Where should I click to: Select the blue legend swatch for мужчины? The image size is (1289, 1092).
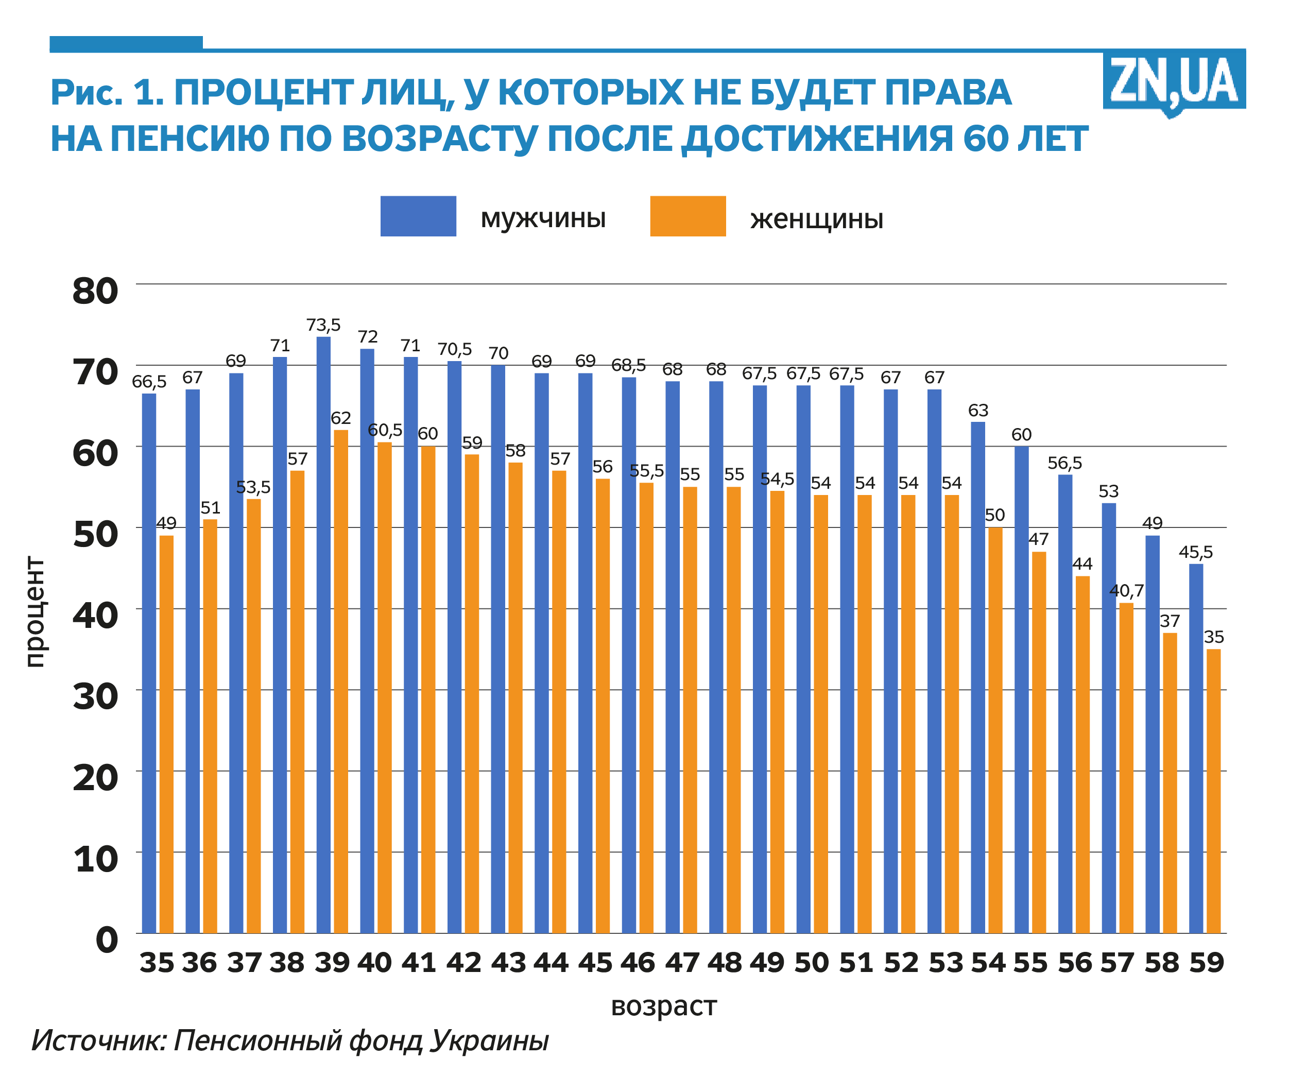coord(418,216)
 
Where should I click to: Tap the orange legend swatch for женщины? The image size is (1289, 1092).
coord(688,216)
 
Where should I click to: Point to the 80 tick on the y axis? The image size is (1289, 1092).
coord(95,291)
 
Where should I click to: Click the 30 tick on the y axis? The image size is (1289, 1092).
coord(95,696)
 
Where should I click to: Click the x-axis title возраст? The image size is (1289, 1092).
coord(663,1006)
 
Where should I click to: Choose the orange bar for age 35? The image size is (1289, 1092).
coord(166,733)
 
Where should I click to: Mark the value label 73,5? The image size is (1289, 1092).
coord(323,325)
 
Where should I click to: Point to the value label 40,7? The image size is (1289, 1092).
coord(1126,591)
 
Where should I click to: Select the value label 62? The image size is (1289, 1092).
coord(341,418)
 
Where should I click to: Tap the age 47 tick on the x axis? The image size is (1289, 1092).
coord(682,963)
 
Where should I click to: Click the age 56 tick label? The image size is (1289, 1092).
coord(1075,963)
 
